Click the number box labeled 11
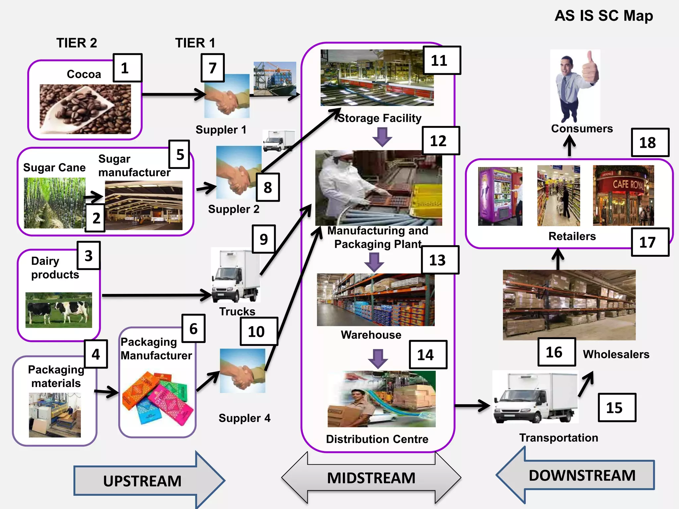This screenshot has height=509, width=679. tap(442, 60)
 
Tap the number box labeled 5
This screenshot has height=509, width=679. tap(179, 154)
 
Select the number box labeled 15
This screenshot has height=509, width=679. tap(617, 408)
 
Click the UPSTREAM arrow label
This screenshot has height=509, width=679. tap(143, 481)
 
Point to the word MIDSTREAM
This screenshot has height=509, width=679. tap(371, 478)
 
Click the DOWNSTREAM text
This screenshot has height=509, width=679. tap(582, 475)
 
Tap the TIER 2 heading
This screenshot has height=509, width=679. tap(77, 43)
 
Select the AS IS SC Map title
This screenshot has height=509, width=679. tap(603, 16)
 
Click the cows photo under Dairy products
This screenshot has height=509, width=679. tap(59, 310)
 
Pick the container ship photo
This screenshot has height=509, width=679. tap(275, 79)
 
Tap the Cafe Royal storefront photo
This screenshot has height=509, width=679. tap(623, 196)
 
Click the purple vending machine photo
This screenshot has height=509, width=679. tap(500, 196)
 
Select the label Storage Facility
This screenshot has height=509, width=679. tap(380, 118)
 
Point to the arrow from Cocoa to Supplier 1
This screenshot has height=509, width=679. tap(172, 94)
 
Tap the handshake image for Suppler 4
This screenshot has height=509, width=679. tap(242, 370)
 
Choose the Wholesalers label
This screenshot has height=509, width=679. tap(616, 354)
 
